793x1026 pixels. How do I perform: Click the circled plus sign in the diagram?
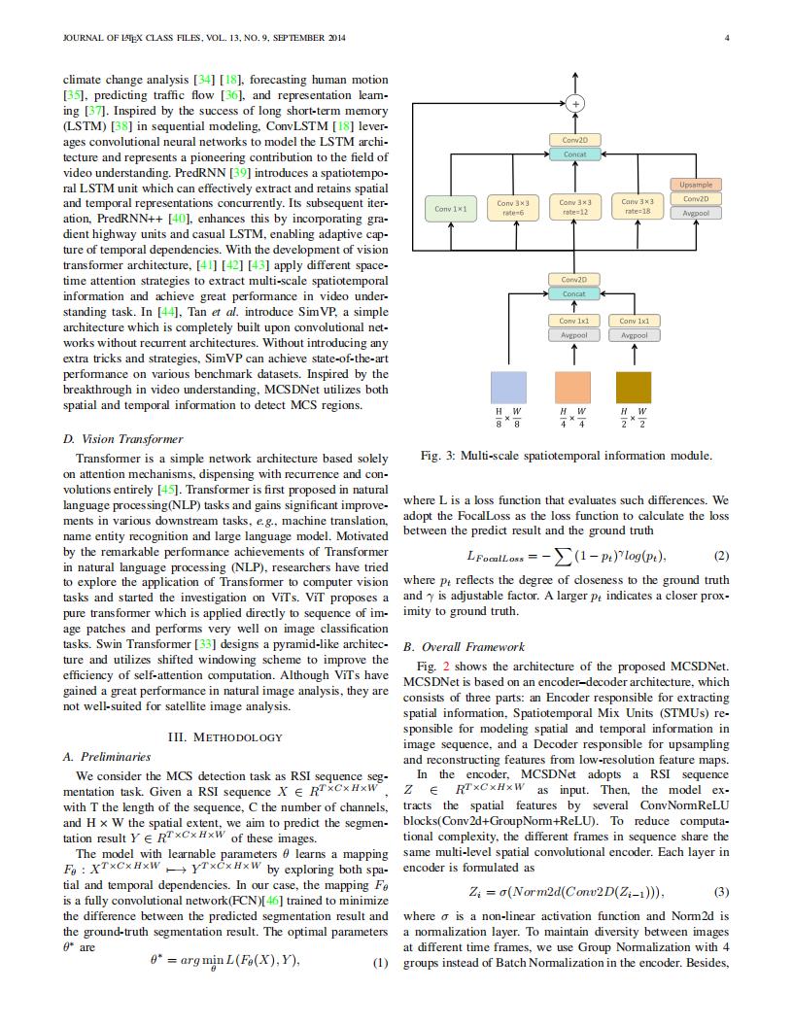tap(574, 103)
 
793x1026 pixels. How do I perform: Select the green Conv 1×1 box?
tap(451, 208)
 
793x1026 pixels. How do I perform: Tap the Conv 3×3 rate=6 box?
tap(512, 208)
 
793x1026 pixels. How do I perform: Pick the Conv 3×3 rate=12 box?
tap(574, 208)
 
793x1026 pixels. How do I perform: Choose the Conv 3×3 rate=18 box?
tap(638, 208)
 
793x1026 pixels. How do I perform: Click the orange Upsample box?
tap(696, 185)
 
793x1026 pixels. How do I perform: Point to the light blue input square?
tap(512, 387)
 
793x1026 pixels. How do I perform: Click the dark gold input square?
tap(634, 387)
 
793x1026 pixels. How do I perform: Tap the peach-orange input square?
tap(573, 387)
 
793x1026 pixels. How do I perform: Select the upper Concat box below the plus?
tap(574, 154)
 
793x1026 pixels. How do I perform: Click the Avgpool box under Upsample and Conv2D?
tap(696, 213)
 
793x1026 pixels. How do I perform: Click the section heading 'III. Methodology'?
tap(225, 736)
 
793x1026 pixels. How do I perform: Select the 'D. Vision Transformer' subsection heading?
tap(122, 439)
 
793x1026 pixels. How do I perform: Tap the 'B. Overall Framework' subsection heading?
tap(464, 646)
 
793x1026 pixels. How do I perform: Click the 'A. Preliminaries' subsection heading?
tap(107, 756)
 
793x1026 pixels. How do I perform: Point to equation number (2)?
tap(721, 557)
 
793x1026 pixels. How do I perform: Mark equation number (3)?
tap(721, 891)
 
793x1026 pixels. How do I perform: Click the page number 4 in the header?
tap(727, 38)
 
